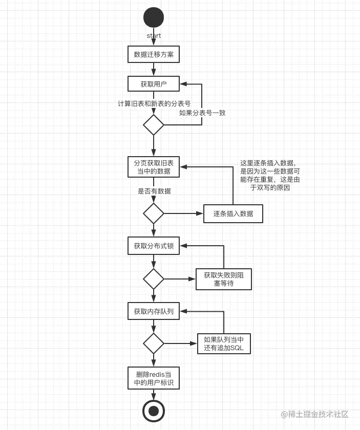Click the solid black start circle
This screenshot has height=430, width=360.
click(154, 17)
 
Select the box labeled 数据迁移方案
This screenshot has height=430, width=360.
click(154, 54)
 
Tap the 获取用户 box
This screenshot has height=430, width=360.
click(154, 84)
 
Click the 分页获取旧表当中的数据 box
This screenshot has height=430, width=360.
click(154, 167)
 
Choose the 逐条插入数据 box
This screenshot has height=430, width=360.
click(233, 213)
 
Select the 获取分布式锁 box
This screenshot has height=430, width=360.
click(154, 246)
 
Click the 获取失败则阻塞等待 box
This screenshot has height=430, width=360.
click(224, 279)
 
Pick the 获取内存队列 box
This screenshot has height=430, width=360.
click(154, 311)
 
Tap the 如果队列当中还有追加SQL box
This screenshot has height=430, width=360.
click(224, 343)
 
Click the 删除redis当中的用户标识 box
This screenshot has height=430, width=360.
click(154, 378)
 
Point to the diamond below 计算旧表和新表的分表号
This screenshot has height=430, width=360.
click(154, 125)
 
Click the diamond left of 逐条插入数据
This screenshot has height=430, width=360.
click(154, 213)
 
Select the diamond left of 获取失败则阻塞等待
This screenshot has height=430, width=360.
click(154, 279)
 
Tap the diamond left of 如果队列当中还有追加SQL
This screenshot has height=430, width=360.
click(154, 343)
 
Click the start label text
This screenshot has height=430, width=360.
click(154, 36)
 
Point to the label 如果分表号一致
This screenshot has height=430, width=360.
click(202, 113)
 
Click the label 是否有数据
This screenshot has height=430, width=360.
click(154, 191)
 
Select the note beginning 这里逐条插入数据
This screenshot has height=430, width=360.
click(270, 175)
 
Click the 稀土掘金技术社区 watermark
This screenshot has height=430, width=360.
click(314, 414)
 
